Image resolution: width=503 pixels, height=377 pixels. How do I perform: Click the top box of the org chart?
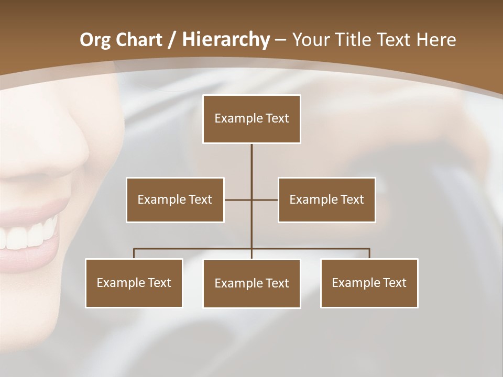[x=251, y=119]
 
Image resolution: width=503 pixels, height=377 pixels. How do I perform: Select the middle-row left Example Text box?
[x=175, y=199]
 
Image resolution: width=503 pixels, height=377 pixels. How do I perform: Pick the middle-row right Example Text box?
[x=326, y=199]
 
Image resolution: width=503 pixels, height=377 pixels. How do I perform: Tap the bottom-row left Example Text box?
[x=134, y=283]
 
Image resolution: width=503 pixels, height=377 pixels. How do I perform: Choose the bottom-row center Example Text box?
[x=251, y=284]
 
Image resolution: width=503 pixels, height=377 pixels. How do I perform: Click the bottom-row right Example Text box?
[x=369, y=283]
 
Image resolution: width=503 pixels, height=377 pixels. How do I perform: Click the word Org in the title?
[x=95, y=40]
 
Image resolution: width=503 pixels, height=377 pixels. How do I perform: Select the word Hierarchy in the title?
[x=225, y=40]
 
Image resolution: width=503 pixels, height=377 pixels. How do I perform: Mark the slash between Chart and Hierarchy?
[x=172, y=40]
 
